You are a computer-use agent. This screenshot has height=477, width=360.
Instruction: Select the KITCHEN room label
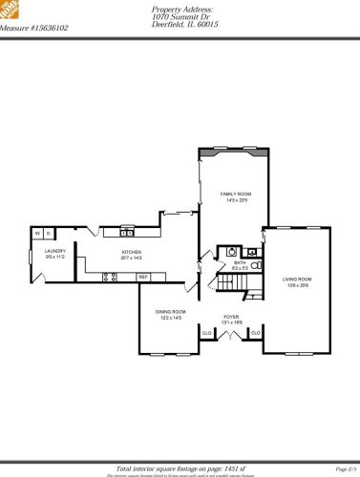(x=131, y=254)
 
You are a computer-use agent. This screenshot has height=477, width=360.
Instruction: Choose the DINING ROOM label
(x=171, y=315)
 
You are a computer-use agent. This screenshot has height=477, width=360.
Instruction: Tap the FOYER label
(x=232, y=319)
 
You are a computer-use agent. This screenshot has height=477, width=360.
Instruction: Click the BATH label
(x=239, y=265)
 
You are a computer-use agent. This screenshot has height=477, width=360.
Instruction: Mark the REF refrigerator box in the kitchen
(x=143, y=277)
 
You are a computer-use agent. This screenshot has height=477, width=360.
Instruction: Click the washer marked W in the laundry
(x=38, y=232)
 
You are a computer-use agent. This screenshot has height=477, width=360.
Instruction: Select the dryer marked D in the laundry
(x=48, y=232)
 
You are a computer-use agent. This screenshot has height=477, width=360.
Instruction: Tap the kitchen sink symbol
(x=126, y=232)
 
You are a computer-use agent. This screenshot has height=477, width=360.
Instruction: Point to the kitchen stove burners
(x=109, y=277)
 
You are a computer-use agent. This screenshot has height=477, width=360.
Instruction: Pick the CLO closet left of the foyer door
(x=207, y=332)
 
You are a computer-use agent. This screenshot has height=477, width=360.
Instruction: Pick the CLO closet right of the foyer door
(x=255, y=332)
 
